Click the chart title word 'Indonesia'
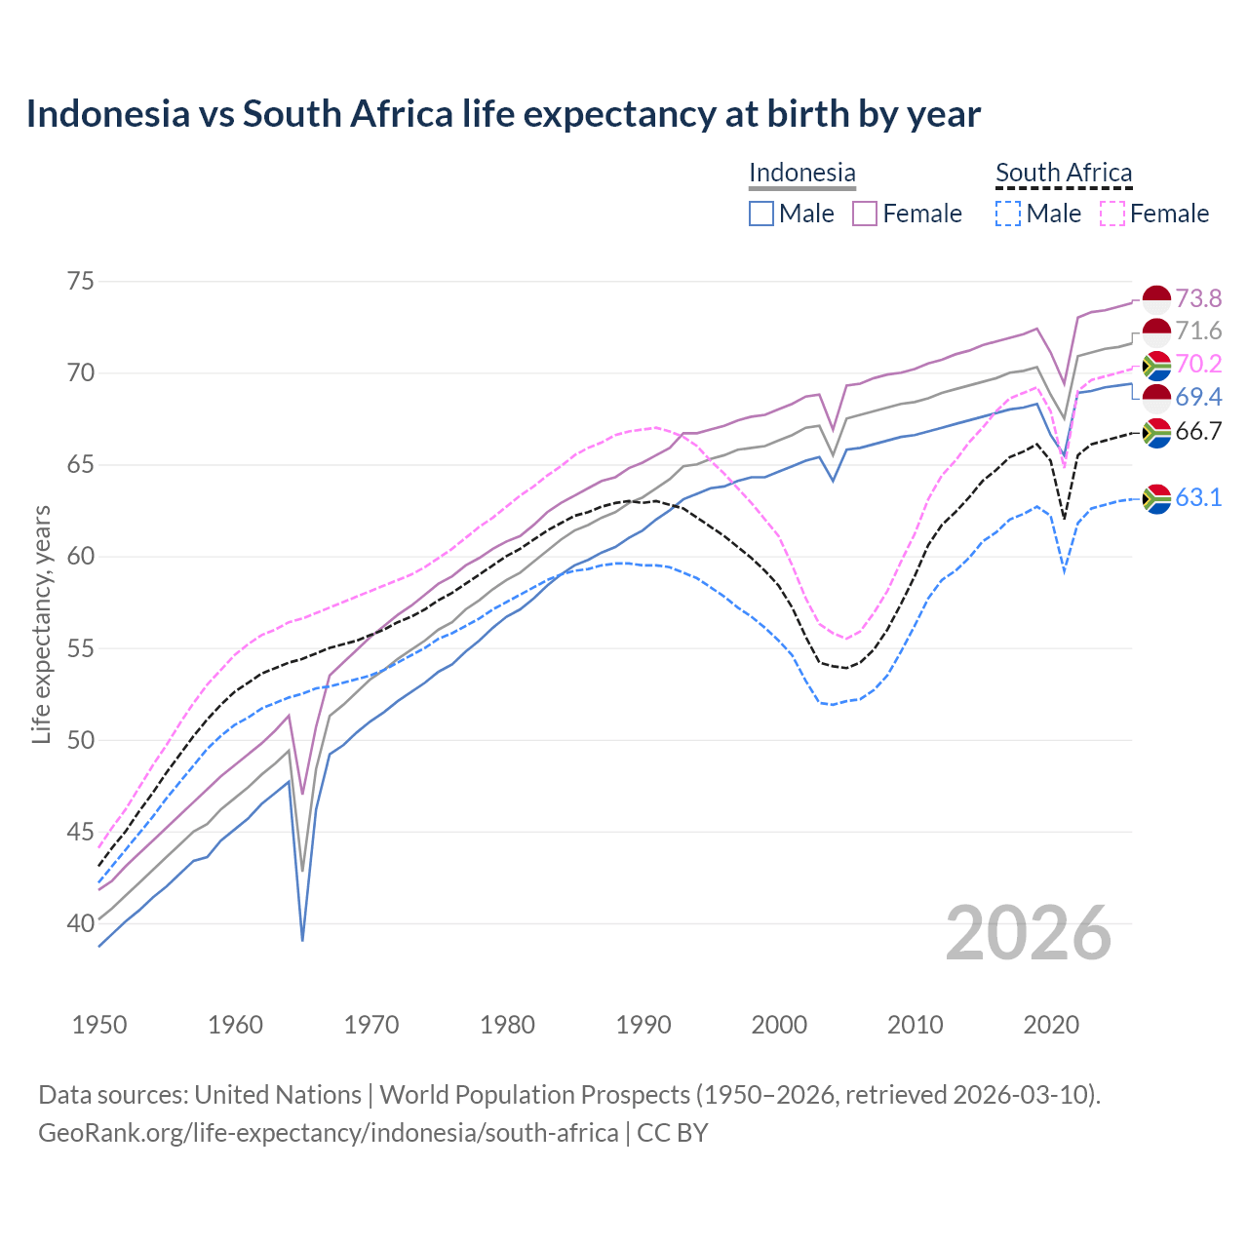coord(107,114)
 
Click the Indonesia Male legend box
coord(761,214)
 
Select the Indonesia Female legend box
coord(865,214)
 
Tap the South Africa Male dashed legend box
coord(1008,214)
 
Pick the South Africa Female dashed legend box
coord(1111,214)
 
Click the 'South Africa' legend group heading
coord(1064,174)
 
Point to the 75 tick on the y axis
coord(81,282)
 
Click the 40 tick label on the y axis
coord(81,923)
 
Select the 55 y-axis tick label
coord(81,648)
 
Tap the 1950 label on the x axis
coord(99,1025)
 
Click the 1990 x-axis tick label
coord(643,1025)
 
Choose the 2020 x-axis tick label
coord(1051,1025)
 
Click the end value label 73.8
coord(1198,298)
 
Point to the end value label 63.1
coord(1198,498)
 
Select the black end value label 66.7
coord(1198,432)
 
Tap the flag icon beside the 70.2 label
coord(1156,366)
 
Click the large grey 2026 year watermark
coord(1029,933)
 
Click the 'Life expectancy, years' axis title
coord(41,624)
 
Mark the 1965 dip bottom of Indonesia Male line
coord(302,940)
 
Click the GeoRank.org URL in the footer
coord(328,1133)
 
